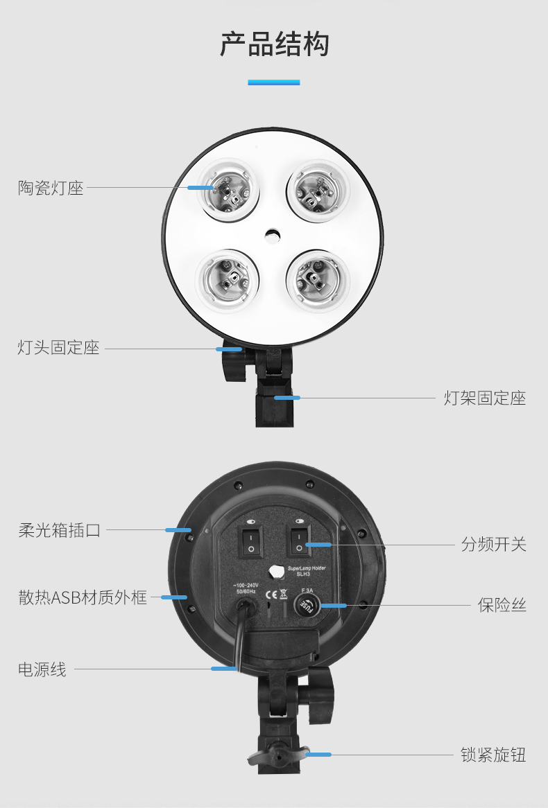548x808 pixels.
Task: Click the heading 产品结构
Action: tap(274, 44)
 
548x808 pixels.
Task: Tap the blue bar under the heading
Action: tap(274, 82)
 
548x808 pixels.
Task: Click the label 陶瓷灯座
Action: tap(51, 188)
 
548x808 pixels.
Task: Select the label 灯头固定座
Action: tap(58, 347)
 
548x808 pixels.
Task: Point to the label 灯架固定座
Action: tap(485, 398)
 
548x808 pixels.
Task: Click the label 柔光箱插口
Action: tap(60, 531)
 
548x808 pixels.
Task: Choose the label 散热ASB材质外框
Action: tap(83, 597)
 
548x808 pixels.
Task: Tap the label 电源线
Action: tap(42, 669)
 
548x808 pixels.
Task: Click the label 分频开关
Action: tap(494, 544)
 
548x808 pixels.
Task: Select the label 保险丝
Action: tap(502, 605)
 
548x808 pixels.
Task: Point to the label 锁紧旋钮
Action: tap(493, 754)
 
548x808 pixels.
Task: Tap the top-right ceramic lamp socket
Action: tap(318, 188)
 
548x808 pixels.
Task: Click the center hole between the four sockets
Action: tap(273, 236)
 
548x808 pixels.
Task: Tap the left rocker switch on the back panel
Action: tap(250, 541)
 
